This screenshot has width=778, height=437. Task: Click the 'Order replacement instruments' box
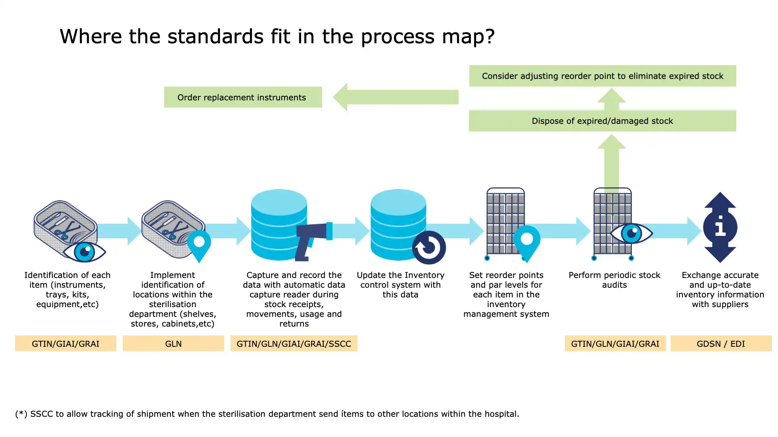click(x=242, y=97)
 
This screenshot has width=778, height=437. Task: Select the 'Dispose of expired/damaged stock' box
click(x=602, y=121)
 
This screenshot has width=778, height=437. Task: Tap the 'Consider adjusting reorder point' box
click(x=602, y=76)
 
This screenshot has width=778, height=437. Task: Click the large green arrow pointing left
click(x=395, y=97)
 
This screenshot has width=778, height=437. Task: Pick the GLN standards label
click(x=173, y=344)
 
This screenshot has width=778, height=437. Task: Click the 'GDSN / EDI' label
click(x=720, y=344)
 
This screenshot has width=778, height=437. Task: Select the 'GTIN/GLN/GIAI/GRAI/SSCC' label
click(x=293, y=344)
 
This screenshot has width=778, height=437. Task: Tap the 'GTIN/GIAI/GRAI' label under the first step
click(x=65, y=344)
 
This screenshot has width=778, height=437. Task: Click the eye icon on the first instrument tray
click(x=84, y=252)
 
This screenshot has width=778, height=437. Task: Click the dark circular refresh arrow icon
click(x=429, y=247)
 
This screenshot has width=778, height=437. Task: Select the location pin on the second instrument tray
click(x=199, y=245)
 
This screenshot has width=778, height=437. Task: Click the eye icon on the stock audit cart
click(x=631, y=233)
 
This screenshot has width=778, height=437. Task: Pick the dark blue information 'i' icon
click(x=720, y=227)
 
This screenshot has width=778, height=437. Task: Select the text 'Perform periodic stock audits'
click(x=614, y=280)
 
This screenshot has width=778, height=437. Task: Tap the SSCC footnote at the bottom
click(x=267, y=414)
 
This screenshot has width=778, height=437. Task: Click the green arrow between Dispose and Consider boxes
click(x=611, y=100)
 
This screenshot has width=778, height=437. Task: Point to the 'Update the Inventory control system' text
click(x=400, y=284)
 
